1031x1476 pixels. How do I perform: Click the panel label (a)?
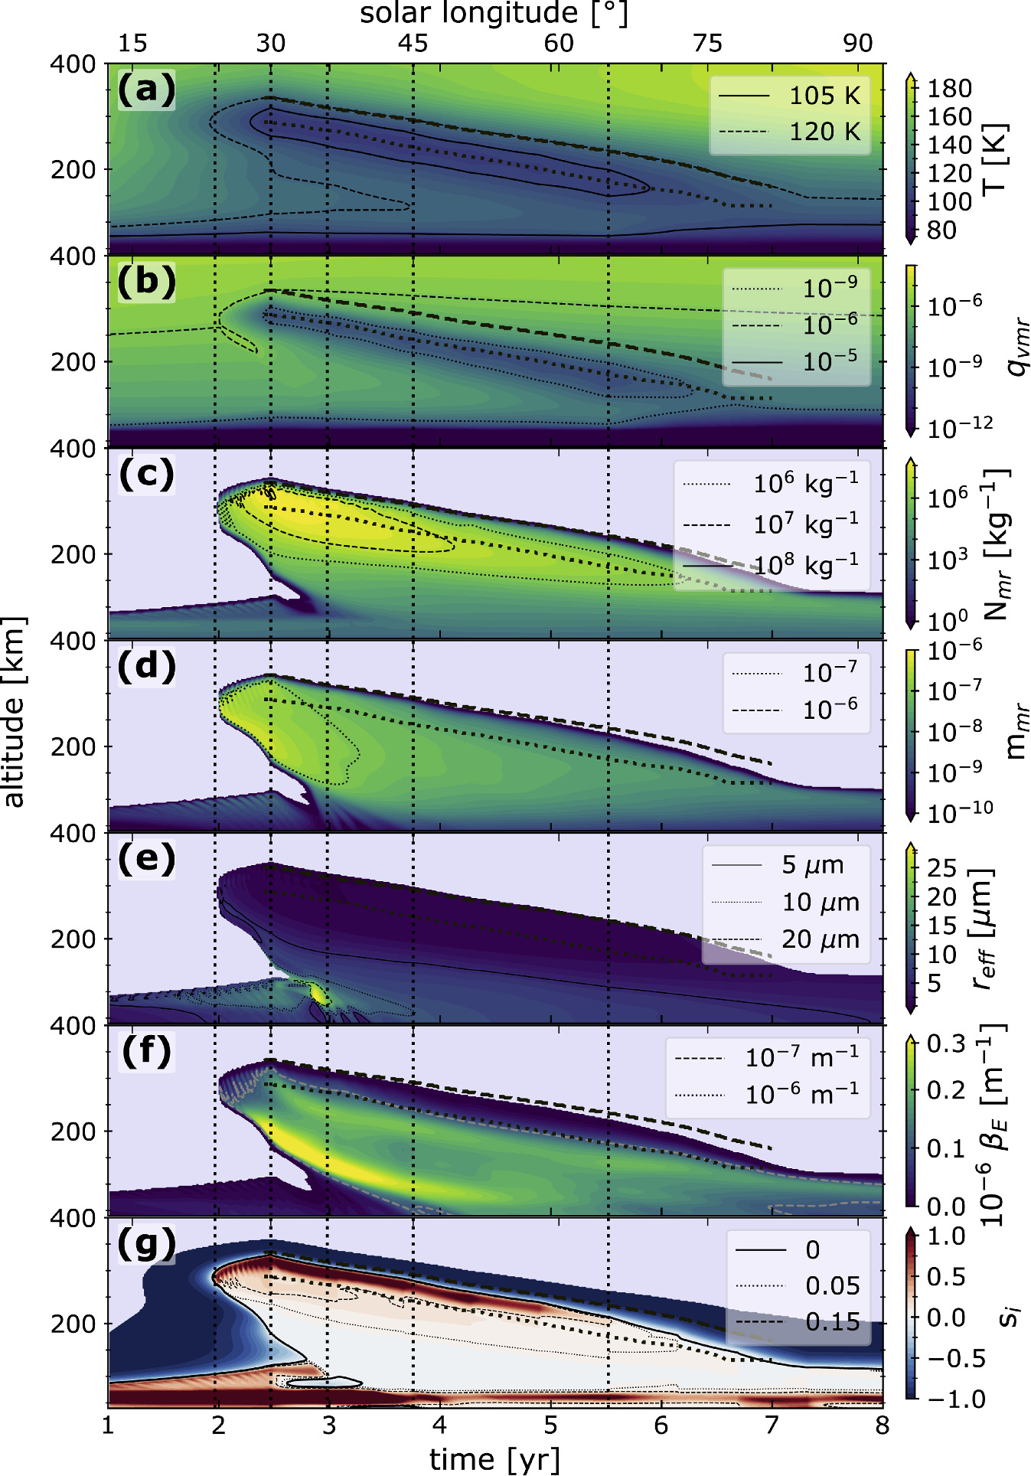[x=146, y=90]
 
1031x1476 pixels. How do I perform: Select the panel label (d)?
[x=146, y=666]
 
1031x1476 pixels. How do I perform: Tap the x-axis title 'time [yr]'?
[x=494, y=1459]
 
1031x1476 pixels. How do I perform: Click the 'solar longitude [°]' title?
[x=494, y=13]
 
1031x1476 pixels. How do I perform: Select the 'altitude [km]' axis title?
[x=14, y=712]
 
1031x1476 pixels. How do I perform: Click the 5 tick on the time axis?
[x=550, y=1425]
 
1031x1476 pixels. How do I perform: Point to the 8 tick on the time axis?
[x=883, y=1425]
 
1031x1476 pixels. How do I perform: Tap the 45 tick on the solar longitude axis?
[x=413, y=43]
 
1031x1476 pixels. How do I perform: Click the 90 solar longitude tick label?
[x=858, y=43]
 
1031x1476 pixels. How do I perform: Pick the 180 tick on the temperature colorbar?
[x=949, y=89]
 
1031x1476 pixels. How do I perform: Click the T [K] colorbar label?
[x=995, y=158]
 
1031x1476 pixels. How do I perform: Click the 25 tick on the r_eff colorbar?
[x=941, y=868]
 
